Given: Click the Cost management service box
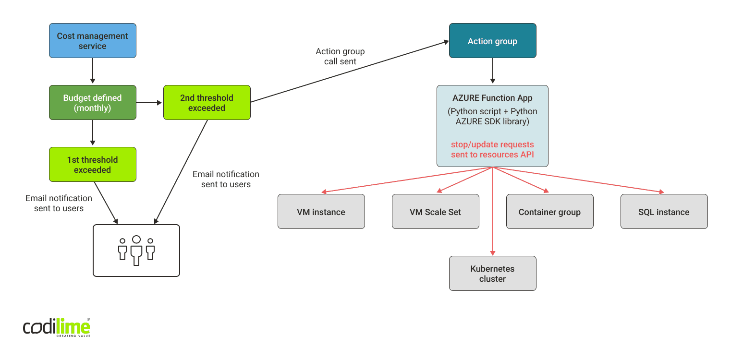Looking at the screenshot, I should [x=93, y=41].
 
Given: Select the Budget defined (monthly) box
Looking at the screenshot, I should [x=93, y=103].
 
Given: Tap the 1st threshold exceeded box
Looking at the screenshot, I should [x=93, y=165].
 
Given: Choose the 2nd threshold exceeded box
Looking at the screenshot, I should [x=207, y=103].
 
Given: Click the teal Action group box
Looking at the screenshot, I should [x=492, y=41].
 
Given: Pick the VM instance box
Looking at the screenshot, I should [x=321, y=212].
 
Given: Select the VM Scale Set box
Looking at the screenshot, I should [x=435, y=212].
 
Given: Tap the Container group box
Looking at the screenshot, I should [x=549, y=212].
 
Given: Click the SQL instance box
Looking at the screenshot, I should [x=664, y=212].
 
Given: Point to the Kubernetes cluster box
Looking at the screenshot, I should [x=492, y=274].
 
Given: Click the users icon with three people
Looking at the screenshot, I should [x=136, y=251].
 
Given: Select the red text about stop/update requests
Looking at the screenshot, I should [x=492, y=149].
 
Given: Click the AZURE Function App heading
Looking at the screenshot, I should [x=492, y=98].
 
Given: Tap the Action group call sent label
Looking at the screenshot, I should [x=340, y=56].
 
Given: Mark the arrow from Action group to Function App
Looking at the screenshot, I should [x=492, y=71].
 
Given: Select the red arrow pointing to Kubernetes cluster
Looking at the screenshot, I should [x=492, y=216].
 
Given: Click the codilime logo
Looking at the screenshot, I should [x=57, y=327].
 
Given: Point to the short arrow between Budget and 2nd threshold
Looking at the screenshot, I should [x=149, y=103].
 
